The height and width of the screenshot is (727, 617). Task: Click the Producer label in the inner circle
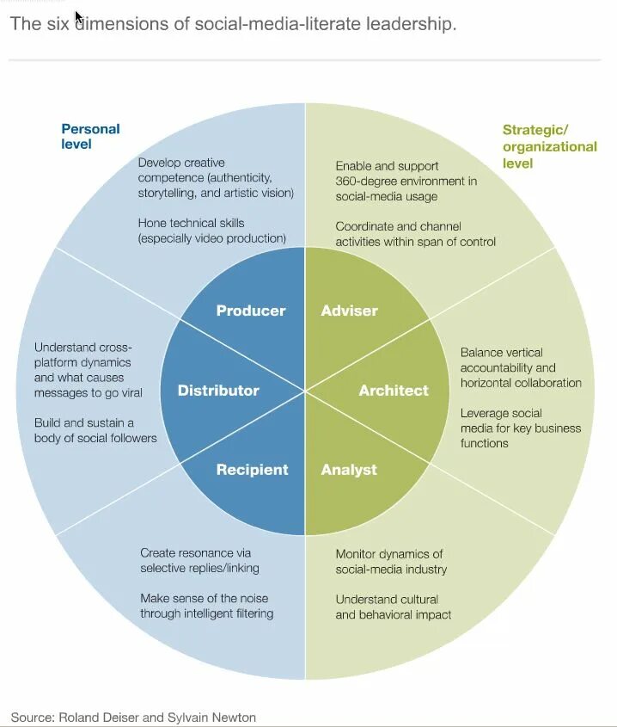251,311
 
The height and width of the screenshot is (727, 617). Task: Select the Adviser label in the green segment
349,311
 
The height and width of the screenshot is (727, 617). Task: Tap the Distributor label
218,391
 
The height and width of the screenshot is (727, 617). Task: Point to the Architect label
394,391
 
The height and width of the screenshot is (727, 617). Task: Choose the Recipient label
252,470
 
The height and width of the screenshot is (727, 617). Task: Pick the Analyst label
349,470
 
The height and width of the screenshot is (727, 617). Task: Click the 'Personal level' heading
90,136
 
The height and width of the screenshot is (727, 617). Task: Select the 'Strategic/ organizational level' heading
549,146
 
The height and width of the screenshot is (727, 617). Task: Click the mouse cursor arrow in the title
79,17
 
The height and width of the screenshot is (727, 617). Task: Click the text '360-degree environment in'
406,181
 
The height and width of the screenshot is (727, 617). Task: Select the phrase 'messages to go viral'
89,392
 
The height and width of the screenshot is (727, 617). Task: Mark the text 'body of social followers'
95,438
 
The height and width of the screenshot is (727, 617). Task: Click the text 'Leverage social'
501,413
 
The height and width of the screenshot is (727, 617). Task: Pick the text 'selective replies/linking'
199,568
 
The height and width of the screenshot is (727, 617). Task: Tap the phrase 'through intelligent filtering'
206,613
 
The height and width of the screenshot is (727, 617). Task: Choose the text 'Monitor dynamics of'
389,554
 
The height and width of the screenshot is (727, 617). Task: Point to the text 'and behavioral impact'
394,614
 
